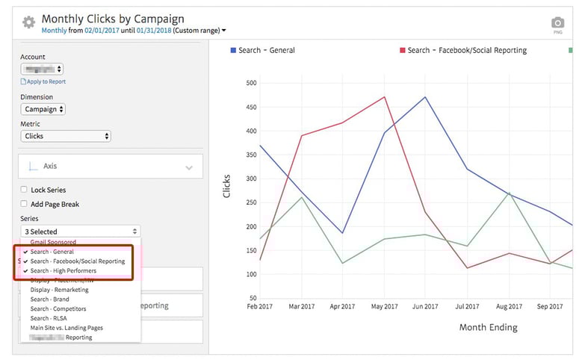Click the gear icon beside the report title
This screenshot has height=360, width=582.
pyautogui.click(x=28, y=22)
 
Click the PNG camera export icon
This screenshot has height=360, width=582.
pyautogui.click(x=557, y=24)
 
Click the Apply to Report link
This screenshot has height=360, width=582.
pyautogui.click(x=45, y=81)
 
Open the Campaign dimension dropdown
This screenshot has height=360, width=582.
pyautogui.click(x=43, y=109)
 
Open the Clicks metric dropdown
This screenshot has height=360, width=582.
pyautogui.click(x=66, y=136)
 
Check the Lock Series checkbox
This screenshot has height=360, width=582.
pyautogui.click(x=25, y=190)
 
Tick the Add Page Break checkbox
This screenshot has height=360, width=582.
pyautogui.click(x=25, y=204)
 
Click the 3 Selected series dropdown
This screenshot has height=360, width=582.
pyautogui.click(x=81, y=232)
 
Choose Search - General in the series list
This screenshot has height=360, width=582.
pyautogui.click(x=52, y=252)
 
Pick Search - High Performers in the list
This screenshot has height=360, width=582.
pyautogui.click(x=63, y=270)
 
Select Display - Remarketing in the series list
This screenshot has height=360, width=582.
pyautogui.click(x=59, y=290)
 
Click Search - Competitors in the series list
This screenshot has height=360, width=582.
pyautogui.click(x=58, y=308)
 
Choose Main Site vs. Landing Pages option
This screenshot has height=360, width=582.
pyautogui.click(x=66, y=328)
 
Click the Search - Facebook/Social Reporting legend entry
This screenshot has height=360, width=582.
pyautogui.click(x=466, y=50)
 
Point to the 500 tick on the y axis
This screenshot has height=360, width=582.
pyautogui.click(x=250, y=83)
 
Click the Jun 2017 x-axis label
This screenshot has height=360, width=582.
pyautogui.click(x=425, y=305)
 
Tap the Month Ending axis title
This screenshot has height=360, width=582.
pyautogui.click(x=488, y=327)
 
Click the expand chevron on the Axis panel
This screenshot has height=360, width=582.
pyautogui.click(x=189, y=167)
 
